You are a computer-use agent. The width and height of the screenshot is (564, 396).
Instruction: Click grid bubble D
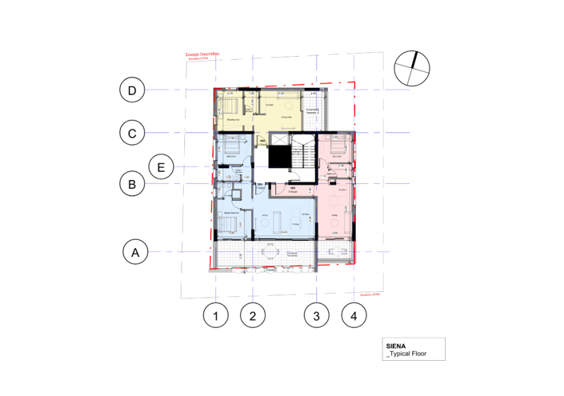pyautogui.click(x=132, y=90)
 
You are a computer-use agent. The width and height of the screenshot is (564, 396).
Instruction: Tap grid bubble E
pyautogui.click(x=162, y=167)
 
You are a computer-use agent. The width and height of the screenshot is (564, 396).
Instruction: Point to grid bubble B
pyautogui.click(x=132, y=184)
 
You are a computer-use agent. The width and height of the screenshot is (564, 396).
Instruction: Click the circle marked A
pyautogui.click(x=135, y=253)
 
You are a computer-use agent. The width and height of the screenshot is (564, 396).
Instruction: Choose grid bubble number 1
pyautogui.click(x=214, y=316)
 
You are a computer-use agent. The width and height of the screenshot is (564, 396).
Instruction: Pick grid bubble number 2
pyautogui.click(x=253, y=316)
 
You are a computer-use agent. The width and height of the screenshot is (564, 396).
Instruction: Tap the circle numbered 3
pyautogui.click(x=317, y=316)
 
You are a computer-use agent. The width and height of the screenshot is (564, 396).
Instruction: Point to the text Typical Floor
pyautogui.click(x=407, y=355)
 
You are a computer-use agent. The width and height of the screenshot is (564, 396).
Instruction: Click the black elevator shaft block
pyautogui.click(x=278, y=151)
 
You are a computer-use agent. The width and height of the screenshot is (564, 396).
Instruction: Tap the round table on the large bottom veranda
pyautogui.click(x=269, y=255)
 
